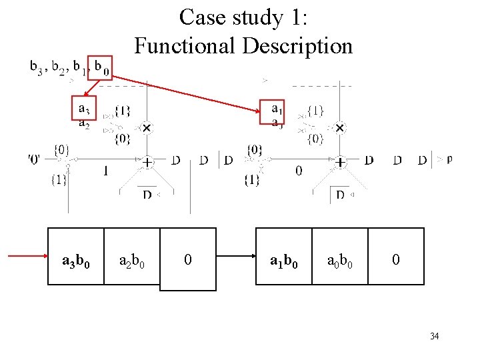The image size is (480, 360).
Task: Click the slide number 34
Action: [434, 336]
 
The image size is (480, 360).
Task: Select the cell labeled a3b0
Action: [76, 259]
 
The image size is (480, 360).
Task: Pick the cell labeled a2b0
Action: [132, 259]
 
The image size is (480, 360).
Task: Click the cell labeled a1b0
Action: [284, 259]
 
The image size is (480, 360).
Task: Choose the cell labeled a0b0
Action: [339, 259]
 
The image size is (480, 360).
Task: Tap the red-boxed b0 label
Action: [101, 67]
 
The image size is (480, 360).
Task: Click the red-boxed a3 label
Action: [84, 108]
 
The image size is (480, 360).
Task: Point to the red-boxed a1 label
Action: [276, 107]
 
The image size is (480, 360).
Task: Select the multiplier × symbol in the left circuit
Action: [146, 127]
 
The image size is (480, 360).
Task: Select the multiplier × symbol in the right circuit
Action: [339, 127]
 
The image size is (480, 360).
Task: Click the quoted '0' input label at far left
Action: [34, 159]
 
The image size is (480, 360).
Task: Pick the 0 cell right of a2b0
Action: [188, 259]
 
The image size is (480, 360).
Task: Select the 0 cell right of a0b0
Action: [396, 259]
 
